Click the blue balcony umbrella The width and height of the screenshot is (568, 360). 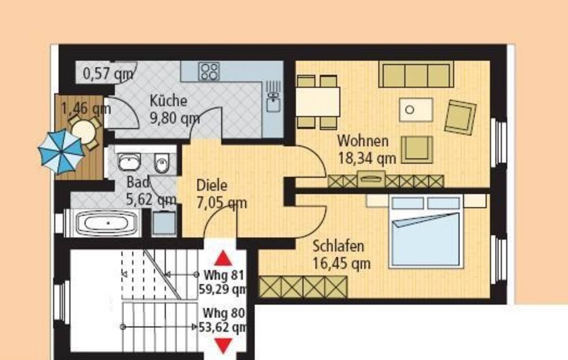(x=61, y=151)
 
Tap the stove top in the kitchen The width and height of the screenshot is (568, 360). (x=209, y=71)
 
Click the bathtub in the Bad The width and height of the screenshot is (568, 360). (x=106, y=223)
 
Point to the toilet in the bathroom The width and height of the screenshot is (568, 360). (x=161, y=162)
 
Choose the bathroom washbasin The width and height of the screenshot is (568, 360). (x=129, y=161)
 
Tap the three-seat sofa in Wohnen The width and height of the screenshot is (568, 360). (x=416, y=74)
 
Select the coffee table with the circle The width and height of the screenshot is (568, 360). (x=416, y=110)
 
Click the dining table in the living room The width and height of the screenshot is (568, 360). (x=318, y=102)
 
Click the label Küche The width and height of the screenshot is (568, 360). (x=169, y=101)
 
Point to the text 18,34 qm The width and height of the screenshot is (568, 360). (x=367, y=158)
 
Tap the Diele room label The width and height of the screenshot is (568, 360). (x=212, y=185)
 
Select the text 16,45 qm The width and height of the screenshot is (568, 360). (x=342, y=263)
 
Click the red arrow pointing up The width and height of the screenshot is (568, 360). (x=223, y=258)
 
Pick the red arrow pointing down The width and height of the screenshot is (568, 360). (x=223, y=346)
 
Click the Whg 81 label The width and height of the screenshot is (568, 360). (x=224, y=275)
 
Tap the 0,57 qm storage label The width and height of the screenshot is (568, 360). (x=108, y=74)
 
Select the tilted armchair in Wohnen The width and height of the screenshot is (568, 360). (x=460, y=117)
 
